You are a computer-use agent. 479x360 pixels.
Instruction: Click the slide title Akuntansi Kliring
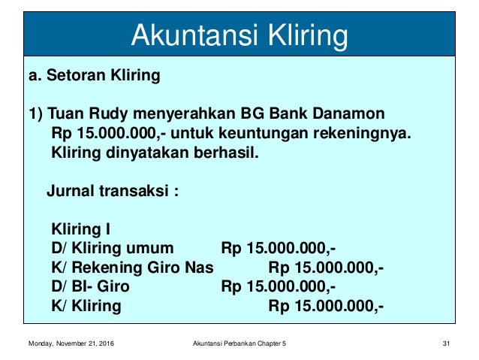point(239,35)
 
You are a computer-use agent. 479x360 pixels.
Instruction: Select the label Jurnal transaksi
point(113,191)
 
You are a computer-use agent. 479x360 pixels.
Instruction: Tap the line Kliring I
point(80,229)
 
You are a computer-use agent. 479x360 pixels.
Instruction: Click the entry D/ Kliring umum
point(112,249)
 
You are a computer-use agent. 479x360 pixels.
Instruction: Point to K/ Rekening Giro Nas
point(131,268)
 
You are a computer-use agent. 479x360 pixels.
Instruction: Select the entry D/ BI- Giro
point(89,287)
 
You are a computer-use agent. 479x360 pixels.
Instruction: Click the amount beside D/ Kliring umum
point(279,249)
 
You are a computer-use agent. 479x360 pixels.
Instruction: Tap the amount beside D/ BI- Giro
point(279,287)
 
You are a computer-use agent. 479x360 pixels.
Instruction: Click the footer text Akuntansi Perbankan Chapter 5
point(239,344)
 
